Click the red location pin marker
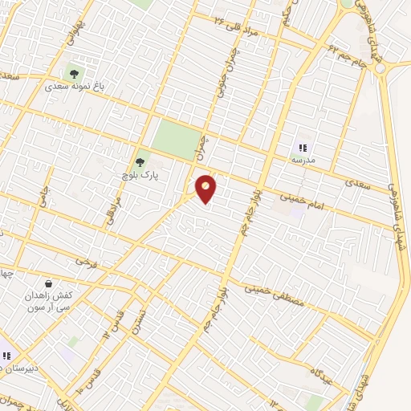206,189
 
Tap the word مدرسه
303,160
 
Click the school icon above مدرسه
303,147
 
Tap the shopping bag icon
49,283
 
